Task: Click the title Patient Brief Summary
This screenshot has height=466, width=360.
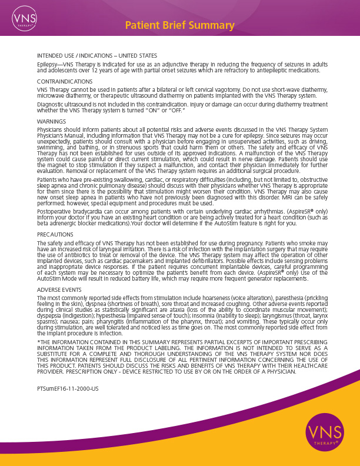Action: pyautogui.click(x=180, y=25)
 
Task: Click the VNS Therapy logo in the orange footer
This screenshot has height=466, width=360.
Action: pyautogui.click(x=321, y=434)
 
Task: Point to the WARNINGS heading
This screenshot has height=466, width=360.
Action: pyautogui.click(x=51, y=121)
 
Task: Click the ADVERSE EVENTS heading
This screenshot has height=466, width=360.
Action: pyautogui.click(x=59, y=290)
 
